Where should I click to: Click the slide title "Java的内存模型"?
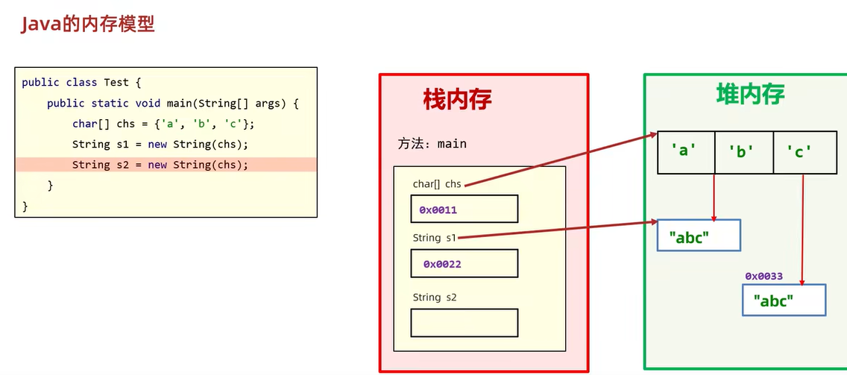87,24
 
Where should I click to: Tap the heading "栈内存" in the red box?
457,99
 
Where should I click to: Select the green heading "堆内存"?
750,94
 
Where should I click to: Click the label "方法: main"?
432,143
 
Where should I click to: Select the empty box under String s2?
464,323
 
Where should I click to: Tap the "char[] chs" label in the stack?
437,183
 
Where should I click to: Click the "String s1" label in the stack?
434,238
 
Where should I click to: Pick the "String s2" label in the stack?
435,297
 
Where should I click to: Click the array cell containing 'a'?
685,152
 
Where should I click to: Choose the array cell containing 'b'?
743,152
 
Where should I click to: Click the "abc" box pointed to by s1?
699,236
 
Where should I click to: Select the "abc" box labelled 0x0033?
784,300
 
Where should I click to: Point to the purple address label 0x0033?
763,276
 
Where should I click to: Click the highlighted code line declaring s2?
160,165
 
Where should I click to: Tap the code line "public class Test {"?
81,83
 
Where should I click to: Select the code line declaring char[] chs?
169,124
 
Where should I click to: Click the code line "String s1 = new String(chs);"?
160,144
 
